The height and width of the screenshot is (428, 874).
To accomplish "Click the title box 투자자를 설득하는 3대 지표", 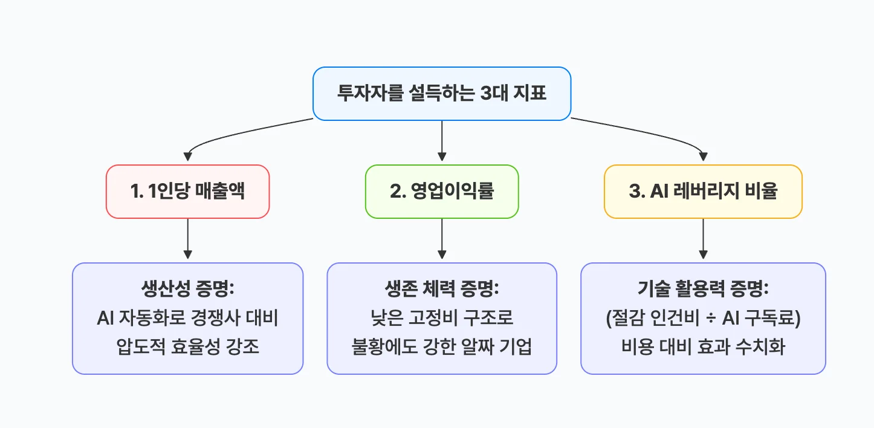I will [441, 94].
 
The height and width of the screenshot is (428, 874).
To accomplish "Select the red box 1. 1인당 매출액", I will [187, 192].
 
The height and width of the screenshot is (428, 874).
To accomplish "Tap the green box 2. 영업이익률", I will [442, 192].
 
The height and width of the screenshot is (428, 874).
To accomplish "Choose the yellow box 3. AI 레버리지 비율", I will [703, 192].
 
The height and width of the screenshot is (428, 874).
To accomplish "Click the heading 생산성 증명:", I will [187, 289].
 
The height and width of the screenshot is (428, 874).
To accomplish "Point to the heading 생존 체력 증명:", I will [442, 289].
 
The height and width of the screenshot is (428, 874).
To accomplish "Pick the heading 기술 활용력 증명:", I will [703, 289].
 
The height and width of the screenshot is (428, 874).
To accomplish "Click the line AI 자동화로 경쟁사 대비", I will [187, 319].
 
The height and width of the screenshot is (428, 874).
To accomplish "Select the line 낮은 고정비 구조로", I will [442, 319].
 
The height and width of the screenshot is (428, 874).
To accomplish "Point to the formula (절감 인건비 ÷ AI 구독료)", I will [703, 319].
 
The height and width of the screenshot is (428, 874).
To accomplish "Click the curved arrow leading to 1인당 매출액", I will [224, 134].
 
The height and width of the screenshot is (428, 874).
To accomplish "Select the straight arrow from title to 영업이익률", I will [442, 142].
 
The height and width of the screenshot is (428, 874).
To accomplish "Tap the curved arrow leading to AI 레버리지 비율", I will [665, 134].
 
